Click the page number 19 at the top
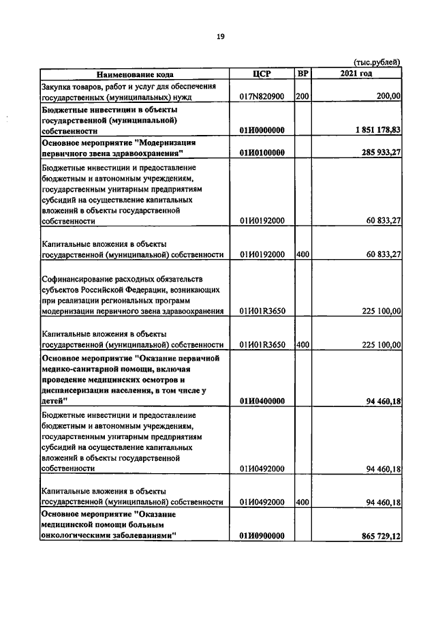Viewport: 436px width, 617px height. tap(220, 36)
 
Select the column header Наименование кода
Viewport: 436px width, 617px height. tap(134, 74)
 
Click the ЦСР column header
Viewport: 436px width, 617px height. tap(262, 74)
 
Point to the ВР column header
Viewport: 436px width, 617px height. tap(302, 74)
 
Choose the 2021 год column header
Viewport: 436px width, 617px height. tap(356, 74)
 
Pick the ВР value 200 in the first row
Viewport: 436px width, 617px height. tap(302, 97)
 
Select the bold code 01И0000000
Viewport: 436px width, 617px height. tap(262, 130)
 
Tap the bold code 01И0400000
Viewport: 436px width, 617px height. tap(262, 401)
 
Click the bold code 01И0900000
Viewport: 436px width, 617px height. tap(262, 537)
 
